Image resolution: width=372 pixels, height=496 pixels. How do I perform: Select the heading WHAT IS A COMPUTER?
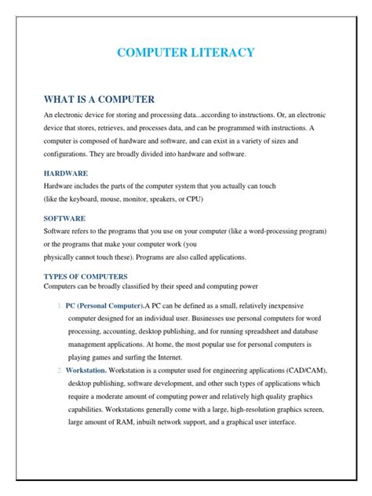99,99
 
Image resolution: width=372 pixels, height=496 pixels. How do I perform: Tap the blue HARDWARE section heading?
65,172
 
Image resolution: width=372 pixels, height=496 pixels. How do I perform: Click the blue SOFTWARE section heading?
64,218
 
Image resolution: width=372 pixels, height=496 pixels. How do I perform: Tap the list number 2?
57,370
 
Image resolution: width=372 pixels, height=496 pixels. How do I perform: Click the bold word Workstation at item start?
89,370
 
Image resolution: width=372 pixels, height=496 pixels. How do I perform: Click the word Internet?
196,356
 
